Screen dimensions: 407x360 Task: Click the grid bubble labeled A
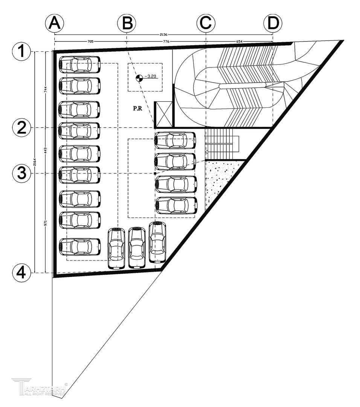point(55,23)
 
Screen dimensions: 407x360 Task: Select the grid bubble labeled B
point(127,23)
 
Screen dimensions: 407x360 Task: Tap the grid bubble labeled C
point(206,23)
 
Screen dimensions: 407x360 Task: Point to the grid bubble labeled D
point(273,23)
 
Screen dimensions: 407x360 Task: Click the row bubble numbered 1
point(21,51)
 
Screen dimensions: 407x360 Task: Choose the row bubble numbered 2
point(21,128)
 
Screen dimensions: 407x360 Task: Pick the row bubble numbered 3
point(21,173)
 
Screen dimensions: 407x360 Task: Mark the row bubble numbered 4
point(21,272)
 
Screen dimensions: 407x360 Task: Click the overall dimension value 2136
point(163,34)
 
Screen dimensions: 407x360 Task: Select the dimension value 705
point(90,41)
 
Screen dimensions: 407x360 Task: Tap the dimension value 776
point(166,41)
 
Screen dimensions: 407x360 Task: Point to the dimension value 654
point(239,41)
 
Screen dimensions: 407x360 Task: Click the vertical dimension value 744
point(45,90)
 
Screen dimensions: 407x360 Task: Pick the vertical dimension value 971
point(45,223)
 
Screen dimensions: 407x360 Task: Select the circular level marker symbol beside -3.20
point(139,78)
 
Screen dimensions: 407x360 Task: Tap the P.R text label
point(137,108)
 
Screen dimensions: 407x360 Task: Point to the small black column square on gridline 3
point(155,173)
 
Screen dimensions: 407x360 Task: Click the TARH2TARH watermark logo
point(40,387)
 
